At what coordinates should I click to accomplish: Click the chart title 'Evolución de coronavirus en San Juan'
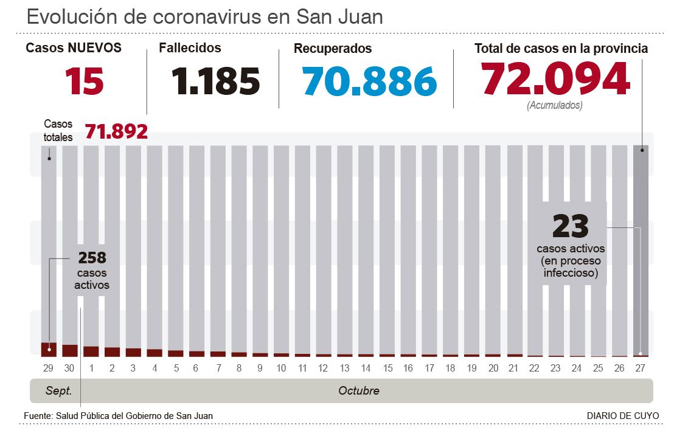(x=205, y=16)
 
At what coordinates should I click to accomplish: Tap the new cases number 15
(x=85, y=81)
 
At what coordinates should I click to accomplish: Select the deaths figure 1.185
(x=215, y=81)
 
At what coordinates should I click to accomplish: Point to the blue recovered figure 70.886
(x=369, y=81)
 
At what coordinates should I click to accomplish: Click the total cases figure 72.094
(x=555, y=80)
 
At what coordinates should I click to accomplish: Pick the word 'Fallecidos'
(x=190, y=47)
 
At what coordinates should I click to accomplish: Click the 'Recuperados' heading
(x=332, y=48)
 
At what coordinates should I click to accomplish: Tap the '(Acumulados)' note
(x=554, y=105)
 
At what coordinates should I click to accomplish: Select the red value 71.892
(x=116, y=131)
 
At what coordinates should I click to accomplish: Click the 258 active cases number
(x=92, y=257)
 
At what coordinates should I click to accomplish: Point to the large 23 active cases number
(x=571, y=227)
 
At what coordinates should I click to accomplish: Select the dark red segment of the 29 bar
(x=49, y=349)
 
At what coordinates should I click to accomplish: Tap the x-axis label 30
(x=70, y=368)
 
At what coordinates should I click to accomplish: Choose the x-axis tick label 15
(x=387, y=368)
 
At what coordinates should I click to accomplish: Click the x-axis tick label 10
(x=281, y=368)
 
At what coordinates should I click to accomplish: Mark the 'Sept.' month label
(x=58, y=390)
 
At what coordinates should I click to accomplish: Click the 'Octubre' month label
(x=358, y=390)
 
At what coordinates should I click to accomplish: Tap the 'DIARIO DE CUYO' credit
(x=622, y=415)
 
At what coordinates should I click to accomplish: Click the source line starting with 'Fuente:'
(x=118, y=415)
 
